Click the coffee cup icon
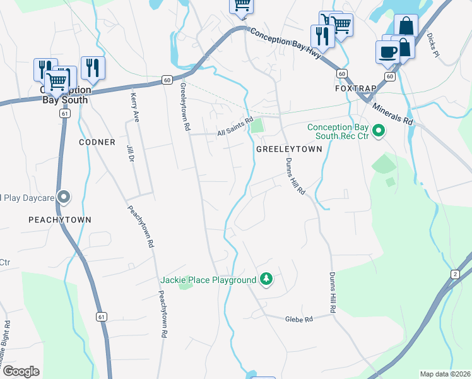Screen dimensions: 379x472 tap(387, 51)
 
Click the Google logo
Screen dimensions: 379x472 tap(21, 371)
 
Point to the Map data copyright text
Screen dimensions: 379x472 tap(445, 374)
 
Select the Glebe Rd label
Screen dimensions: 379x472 tap(299, 320)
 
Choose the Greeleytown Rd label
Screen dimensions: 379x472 tap(186, 107)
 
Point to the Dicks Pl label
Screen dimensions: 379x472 tap(433, 45)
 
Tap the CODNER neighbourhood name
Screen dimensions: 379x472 tap(97, 142)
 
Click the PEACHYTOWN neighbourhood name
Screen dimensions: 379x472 tap(60, 220)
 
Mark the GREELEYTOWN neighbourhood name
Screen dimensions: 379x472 tap(289, 149)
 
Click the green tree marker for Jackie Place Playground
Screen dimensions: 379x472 tap(266, 279)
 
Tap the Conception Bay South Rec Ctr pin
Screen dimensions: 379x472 tap(379, 131)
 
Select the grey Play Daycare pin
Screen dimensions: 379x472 tap(64, 198)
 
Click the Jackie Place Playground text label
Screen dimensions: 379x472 tap(208, 280)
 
